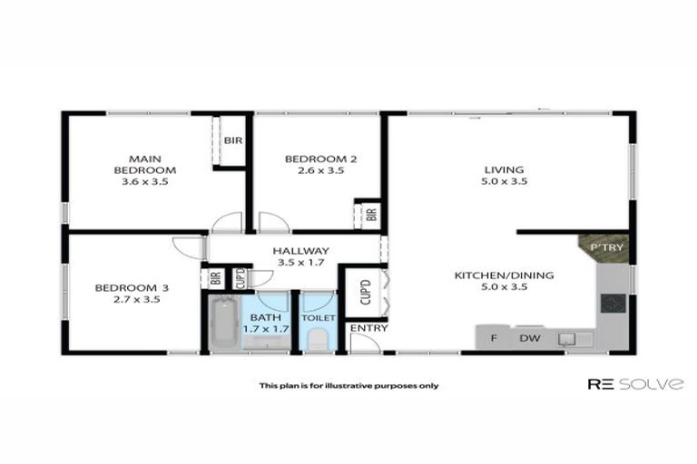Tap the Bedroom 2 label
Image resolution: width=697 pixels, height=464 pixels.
(320, 164)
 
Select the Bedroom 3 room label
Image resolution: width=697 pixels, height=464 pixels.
(126, 294)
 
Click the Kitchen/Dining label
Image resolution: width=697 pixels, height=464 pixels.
(504, 281)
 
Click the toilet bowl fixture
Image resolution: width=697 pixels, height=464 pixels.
(318, 339)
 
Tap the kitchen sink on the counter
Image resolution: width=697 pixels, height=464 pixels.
(568, 339)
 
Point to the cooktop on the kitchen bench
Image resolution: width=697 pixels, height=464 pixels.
(613, 304)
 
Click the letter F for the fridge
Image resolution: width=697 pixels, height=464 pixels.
(494, 339)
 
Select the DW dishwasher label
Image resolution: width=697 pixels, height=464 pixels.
(529, 339)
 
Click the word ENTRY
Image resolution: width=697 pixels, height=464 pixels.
(368, 327)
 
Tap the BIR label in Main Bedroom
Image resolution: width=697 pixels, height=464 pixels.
(232, 140)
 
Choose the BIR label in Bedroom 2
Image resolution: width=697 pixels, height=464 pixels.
(370, 215)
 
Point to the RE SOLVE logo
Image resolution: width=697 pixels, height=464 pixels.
(634, 384)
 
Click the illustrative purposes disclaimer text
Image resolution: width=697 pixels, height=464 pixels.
(348, 385)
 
